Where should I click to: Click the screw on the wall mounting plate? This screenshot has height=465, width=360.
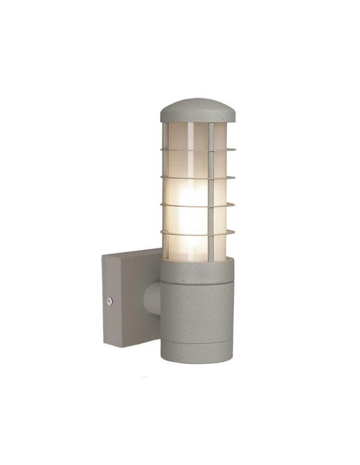(110, 301)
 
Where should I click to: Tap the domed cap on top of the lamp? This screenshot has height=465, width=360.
(198, 110)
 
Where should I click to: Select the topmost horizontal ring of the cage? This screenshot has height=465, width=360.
(198, 150)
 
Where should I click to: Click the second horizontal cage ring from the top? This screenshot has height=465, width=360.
(198, 177)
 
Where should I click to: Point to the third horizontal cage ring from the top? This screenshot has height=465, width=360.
(198, 205)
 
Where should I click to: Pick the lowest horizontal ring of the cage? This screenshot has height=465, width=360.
(198, 232)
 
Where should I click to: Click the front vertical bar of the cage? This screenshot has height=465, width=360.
(211, 191)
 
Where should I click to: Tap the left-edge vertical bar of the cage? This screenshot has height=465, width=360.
(164, 191)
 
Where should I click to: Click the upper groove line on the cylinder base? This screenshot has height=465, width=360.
(198, 282)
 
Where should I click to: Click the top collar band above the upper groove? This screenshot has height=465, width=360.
(198, 270)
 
